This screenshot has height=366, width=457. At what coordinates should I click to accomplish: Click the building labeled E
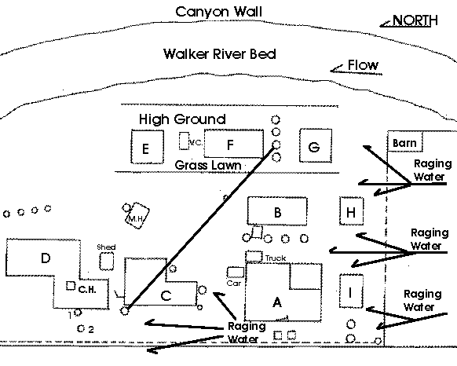click(x=146, y=147)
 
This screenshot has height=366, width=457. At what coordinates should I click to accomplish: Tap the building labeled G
click(x=315, y=147)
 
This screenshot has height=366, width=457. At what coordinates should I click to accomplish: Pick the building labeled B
click(x=276, y=211)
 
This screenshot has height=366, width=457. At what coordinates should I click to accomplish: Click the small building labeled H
click(x=351, y=211)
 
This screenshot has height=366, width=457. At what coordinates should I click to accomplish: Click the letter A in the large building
click(x=276, y=302)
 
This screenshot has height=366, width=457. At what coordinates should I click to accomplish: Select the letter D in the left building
click(x=46, y=258)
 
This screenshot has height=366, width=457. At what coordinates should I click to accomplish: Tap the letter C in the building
click(x=165, y=296)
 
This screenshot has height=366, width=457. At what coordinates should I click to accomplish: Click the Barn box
click(x=404, y=143)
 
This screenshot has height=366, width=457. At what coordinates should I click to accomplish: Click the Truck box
click(x=254, y=256)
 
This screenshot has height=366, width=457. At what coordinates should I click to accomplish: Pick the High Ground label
click(x=182, y=119)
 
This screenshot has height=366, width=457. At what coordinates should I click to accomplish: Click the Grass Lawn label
click(x=208, y=166)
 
